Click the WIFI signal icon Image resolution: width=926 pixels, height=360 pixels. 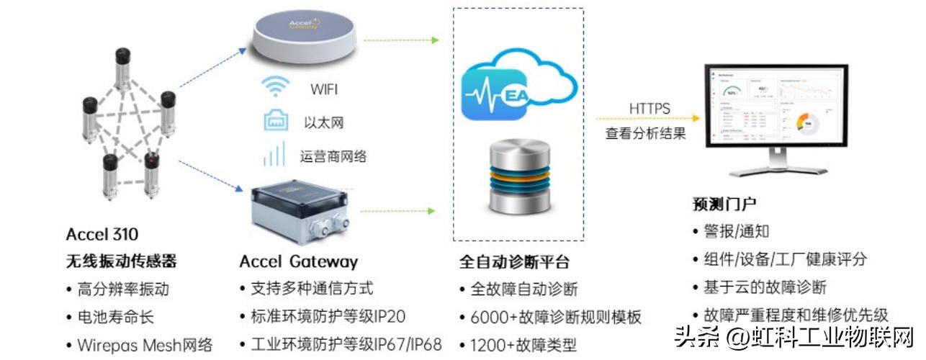(x=276, y=87)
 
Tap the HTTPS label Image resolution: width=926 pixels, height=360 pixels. (x=649, y=109)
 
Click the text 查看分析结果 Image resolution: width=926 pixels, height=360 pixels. (x=645, y=133)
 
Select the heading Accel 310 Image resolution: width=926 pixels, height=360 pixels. (x=102, y=234)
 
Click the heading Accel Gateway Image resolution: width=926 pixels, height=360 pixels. (x=298, y=261)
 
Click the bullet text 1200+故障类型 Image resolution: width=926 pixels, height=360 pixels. (x=523, y=345)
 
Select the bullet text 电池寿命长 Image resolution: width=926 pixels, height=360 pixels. (x=115, y=317)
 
